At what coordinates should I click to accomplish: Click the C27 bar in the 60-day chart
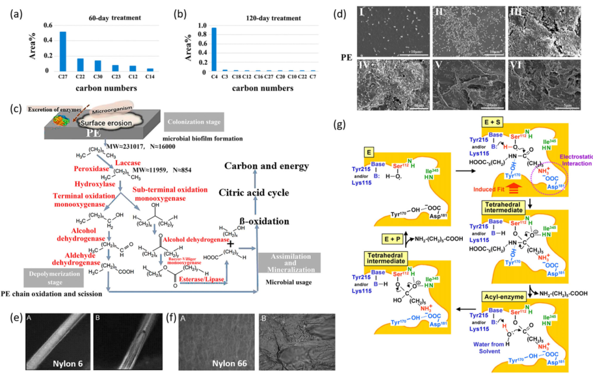63,51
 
